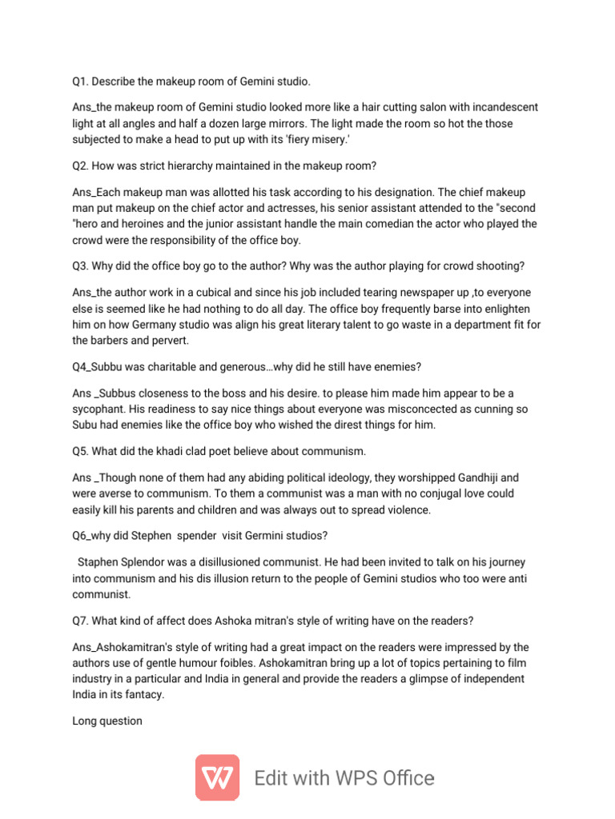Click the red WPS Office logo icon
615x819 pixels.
(x=217, y=777)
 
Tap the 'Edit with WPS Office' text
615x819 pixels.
(x=344, y=778)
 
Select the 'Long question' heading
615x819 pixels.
(x=107, y=721)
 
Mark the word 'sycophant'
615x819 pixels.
(x=102, y=409)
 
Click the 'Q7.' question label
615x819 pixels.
(x=82, y=621)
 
